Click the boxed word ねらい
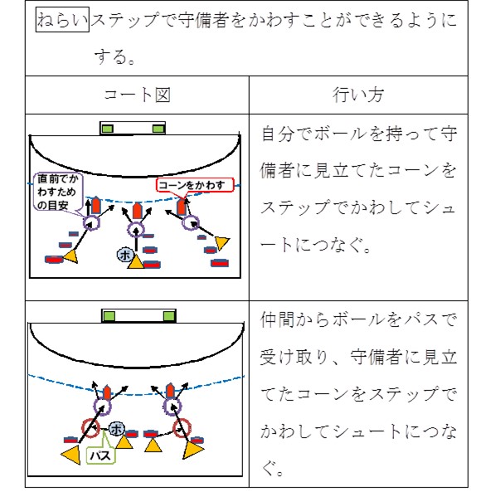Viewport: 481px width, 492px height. [62, 19]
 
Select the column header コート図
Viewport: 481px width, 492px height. [137, 95]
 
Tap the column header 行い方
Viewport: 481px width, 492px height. [358, 95]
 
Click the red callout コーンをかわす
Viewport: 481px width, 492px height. [195, 185]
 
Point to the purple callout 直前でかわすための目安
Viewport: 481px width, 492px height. [58, 192]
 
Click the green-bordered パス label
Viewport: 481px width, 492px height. [101, 455]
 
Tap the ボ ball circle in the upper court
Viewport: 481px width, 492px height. [125, 255]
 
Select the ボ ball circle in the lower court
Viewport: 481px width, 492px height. [117, 429]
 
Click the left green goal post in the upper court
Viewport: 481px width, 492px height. [108, 129]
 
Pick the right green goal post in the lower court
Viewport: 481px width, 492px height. [169, 315]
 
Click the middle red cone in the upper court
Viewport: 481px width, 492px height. [137, 211]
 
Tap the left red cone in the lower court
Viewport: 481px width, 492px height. [107, 392]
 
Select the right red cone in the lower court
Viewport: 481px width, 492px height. [170, 392]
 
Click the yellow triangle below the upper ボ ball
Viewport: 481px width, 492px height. [136, 261]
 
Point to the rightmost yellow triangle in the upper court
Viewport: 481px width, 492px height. [222, 243]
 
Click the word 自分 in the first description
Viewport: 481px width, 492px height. [277, 134]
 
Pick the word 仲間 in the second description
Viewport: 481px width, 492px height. [277, 320]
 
